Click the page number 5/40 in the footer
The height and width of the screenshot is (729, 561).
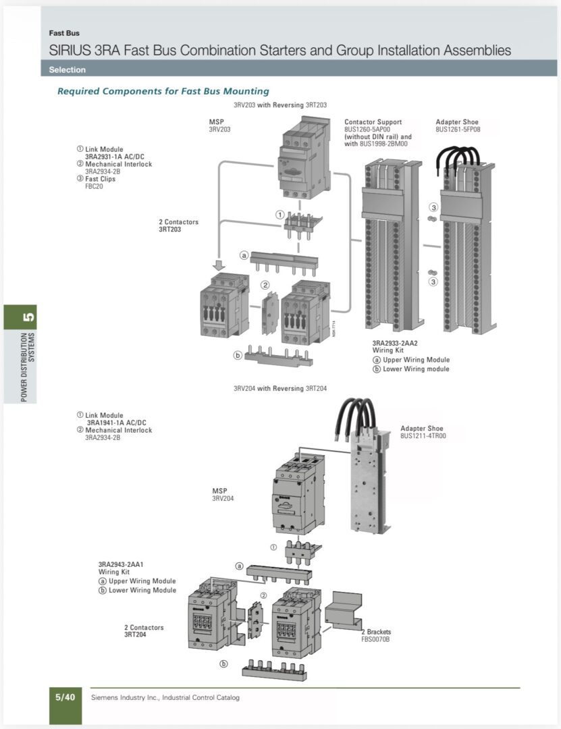pos(65,697)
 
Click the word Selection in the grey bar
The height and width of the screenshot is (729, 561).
pos(67,70)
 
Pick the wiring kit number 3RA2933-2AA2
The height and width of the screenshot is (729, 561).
pos(395,344)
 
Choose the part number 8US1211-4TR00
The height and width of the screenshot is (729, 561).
pos(423,436)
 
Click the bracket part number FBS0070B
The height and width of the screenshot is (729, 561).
pos(375,639)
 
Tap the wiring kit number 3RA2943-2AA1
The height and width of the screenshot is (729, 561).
pos(121,564)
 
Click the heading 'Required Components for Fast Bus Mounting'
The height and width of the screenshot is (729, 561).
pos(163,91)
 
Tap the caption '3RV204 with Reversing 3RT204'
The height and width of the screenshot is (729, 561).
pos(280,389)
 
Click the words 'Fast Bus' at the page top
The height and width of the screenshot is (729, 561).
pos(64,33)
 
